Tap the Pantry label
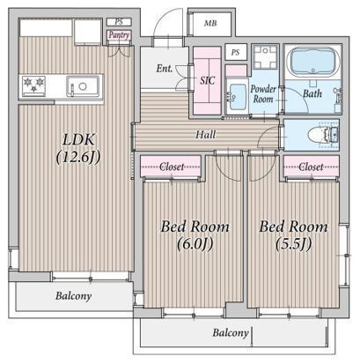pos(119,35)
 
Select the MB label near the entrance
pos(210,23)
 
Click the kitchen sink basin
pos(83,86)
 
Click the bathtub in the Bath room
pos(312,62)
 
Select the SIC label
pos(208,80)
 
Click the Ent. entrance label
pos(165,69)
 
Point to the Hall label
pos(206,135)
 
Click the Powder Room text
pos(263,94)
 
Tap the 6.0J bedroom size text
pos(195,244)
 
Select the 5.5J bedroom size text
pos(293,244)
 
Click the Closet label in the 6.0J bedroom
pos(172,167)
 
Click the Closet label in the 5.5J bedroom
pos(311,167)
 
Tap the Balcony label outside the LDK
pos(73,295)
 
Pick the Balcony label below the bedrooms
pos(231,332)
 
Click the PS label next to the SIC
pos(235,52)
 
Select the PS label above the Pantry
pos(119,22)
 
